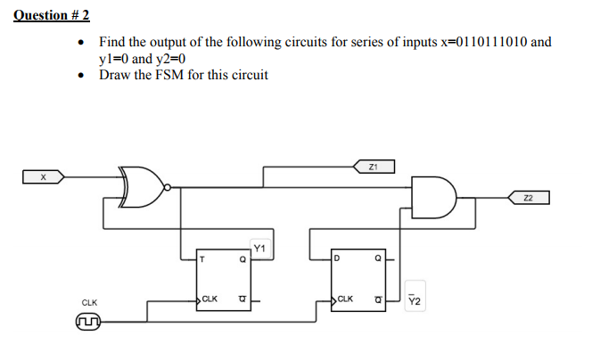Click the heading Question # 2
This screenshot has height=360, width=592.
(52, 15)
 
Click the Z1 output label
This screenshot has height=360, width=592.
(374, 167)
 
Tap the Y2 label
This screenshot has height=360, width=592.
(411, 301)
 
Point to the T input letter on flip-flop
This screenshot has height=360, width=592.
(204, 260)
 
